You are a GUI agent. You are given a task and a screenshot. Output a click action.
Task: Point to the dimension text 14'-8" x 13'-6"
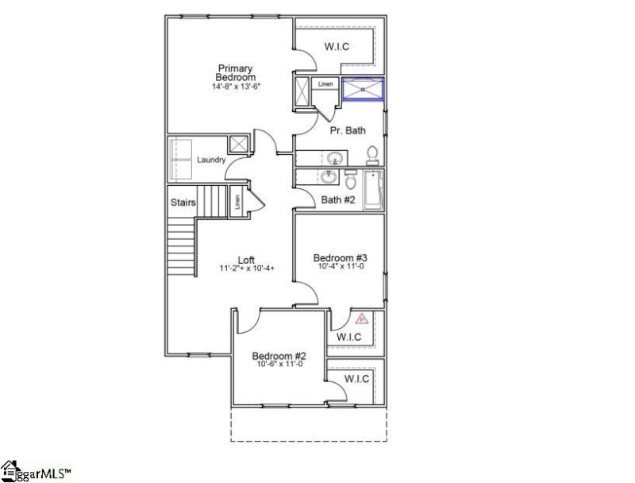237,86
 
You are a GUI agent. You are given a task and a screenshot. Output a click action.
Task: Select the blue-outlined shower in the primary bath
364,89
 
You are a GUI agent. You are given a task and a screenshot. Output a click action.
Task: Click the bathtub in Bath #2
373,190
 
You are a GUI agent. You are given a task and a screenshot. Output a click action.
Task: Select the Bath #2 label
337,200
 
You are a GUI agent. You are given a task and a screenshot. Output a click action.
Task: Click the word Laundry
211,160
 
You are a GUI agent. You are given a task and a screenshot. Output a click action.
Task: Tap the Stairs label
183,203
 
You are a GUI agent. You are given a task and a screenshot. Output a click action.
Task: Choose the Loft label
247,260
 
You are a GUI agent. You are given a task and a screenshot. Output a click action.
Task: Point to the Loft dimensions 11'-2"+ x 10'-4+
247,269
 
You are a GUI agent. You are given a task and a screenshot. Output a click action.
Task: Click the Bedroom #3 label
339,257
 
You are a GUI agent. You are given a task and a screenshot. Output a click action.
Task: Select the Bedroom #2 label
279,356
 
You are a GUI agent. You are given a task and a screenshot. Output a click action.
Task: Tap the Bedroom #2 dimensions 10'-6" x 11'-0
279,365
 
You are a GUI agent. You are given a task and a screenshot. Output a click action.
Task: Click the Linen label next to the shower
325,83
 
